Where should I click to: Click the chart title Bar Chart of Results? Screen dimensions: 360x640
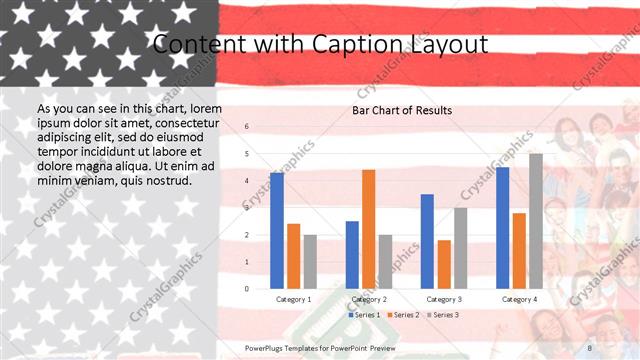[402, 110]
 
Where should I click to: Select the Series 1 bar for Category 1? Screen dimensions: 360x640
[277, 230]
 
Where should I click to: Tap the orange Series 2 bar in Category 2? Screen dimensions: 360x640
[369, 229]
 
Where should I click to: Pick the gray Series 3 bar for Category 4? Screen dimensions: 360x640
[536, 221]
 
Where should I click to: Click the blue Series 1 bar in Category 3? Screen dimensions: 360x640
[427, 241]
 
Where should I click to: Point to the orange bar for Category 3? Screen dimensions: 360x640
[444, 264]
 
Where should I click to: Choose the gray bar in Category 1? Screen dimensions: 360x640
[310, 261]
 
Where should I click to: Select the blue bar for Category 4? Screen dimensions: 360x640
[502, 227]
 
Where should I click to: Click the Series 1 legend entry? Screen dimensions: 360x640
[365, 315]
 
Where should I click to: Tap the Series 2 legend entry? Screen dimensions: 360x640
[402, 315]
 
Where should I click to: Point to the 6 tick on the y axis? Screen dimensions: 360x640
[247, 127]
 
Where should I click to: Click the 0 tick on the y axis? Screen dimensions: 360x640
[247, 289]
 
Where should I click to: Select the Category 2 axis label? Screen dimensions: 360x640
[369, 299]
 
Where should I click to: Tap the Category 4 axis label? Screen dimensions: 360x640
[519, 299]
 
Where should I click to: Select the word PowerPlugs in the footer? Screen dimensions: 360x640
[268, 347]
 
